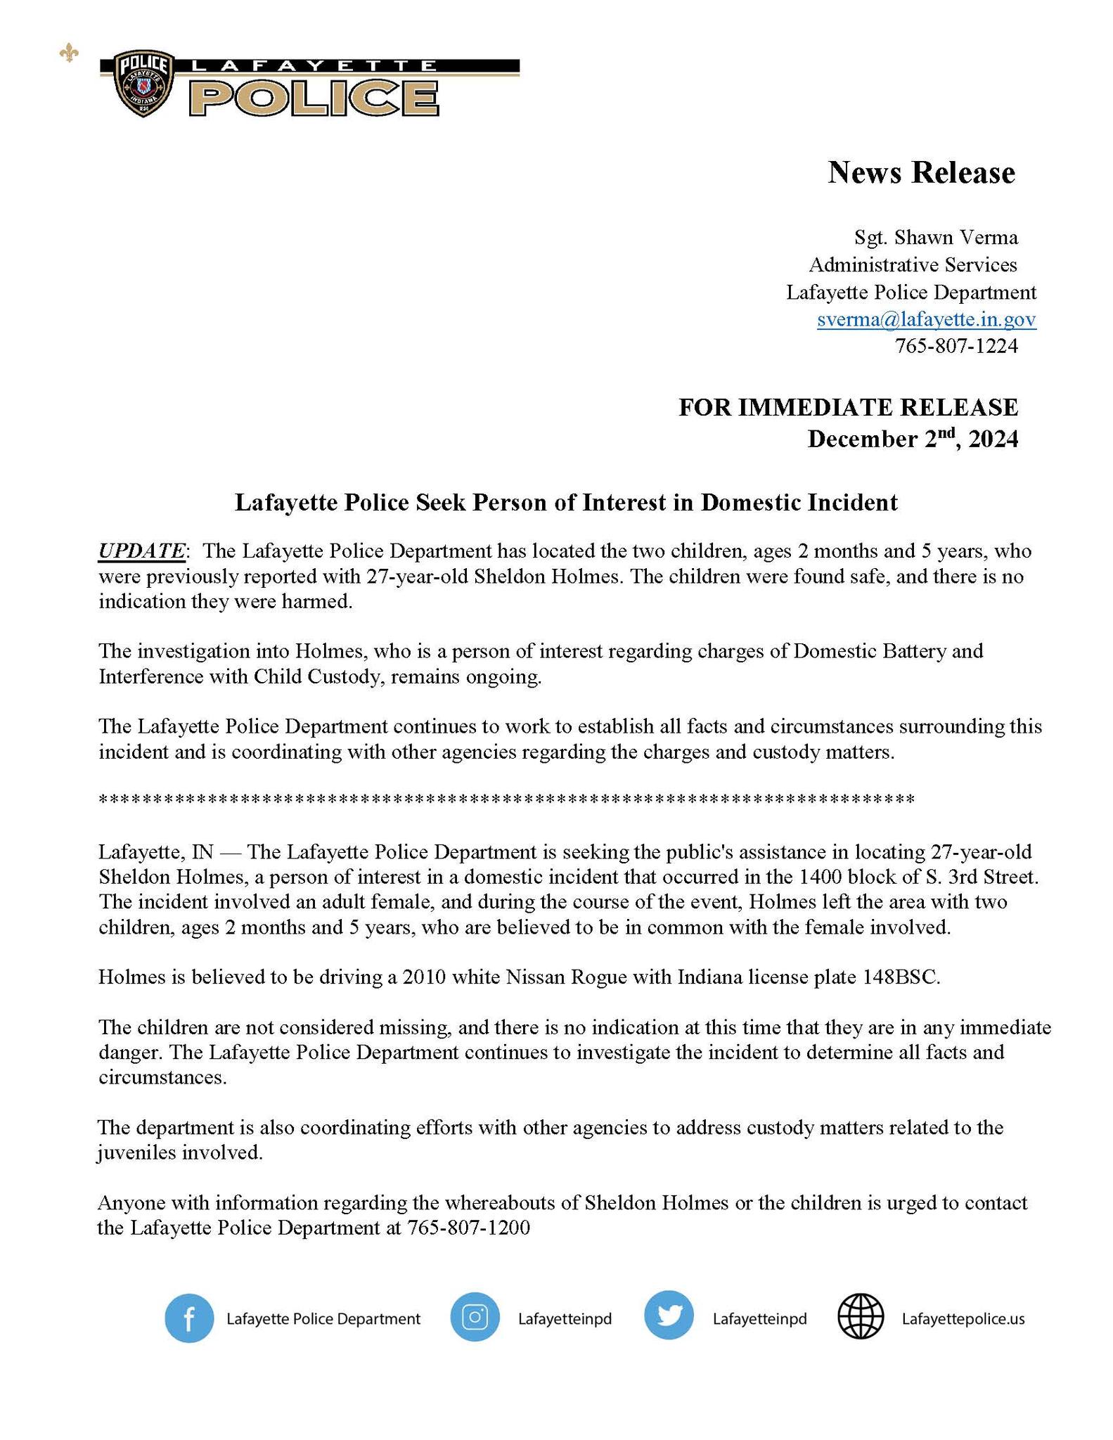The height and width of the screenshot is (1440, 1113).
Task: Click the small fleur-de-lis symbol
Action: [x=69, y=53]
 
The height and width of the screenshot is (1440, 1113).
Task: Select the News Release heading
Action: [x=921, y=173]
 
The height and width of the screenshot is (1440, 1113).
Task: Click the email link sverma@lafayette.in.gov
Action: [x=926, y=320]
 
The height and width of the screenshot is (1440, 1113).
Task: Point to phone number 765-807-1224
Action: [x=956, y=346]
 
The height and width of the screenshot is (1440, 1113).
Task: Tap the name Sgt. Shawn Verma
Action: [x=936, y=238]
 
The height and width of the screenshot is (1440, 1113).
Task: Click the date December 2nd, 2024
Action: [x=912, y=439]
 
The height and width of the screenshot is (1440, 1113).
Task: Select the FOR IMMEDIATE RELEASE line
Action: [x=848, y=407]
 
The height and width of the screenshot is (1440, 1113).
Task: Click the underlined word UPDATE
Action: [x=141, y=551]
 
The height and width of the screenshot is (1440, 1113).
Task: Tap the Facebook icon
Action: [x=189, y=1318]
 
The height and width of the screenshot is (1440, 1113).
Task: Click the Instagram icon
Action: [x=475, y=1318]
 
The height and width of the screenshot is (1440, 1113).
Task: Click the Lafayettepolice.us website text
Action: [x=963, y=1319]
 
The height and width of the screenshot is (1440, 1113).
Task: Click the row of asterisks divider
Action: [x=506, y=800]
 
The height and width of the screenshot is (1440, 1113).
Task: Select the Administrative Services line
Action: [x=913, y=265]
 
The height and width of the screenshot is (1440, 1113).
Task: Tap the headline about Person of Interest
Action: [x=566, y=502]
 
